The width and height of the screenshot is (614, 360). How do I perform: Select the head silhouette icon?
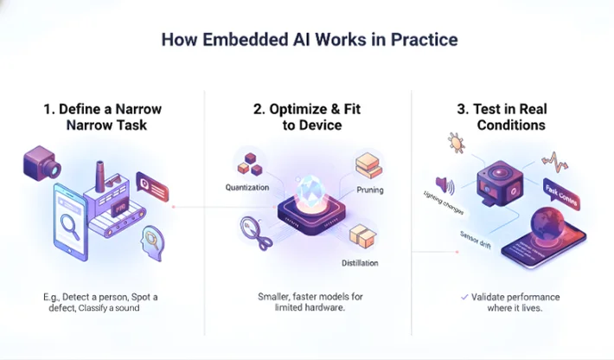[153, 240]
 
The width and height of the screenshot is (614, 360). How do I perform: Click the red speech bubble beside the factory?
[152, 184]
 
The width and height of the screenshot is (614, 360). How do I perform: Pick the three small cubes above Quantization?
[251, 160]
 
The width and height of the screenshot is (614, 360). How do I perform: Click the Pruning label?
[370, 190]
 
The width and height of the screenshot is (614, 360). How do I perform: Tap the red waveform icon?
[553, 161]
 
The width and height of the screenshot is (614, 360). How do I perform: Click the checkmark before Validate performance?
[464, 297]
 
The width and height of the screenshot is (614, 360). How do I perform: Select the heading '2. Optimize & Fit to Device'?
[307, 118]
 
